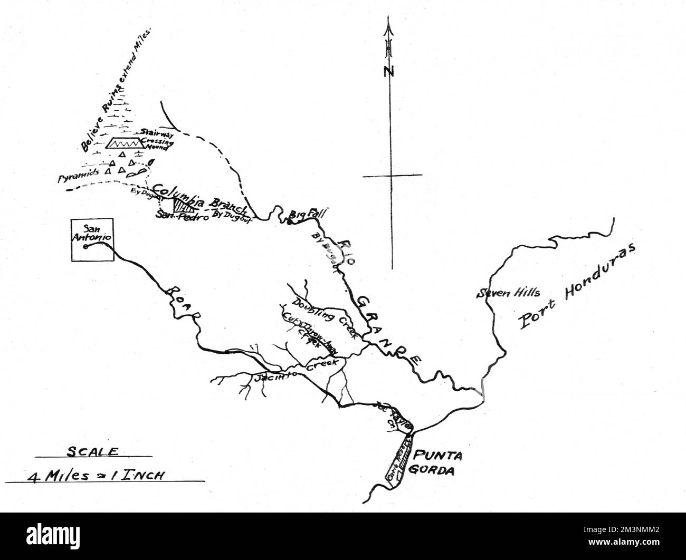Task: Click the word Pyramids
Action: coord(79,176)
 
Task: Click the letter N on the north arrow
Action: coord(389,71)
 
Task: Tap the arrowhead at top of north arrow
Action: coord(389,24)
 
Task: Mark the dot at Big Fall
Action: coord(289,221)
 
